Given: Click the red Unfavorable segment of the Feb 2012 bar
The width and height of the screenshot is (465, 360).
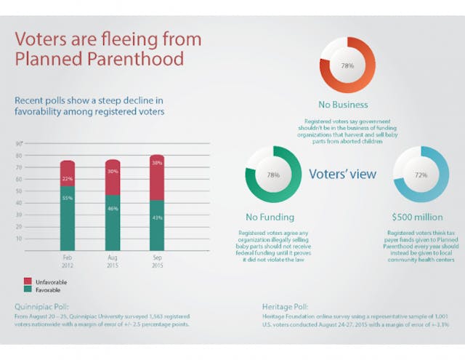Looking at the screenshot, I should [x=67, y=173].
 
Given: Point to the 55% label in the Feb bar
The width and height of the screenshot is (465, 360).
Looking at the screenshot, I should [x=67, y=198].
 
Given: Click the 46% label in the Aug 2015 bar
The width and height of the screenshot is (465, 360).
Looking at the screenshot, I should [x=112, y=209].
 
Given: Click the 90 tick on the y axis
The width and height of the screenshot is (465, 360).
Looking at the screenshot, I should [x=18, y=144].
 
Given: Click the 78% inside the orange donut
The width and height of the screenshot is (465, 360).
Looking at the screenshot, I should [x=347, y=65].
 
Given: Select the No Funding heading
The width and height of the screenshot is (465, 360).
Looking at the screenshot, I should [x=270, y=217].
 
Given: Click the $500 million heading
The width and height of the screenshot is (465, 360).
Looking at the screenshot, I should [x=420, y=217].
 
